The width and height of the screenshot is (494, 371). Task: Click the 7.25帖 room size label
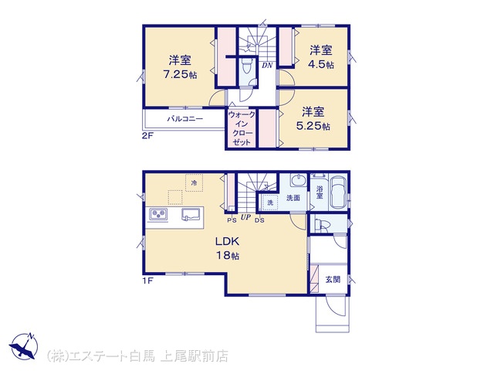tap(180, 74)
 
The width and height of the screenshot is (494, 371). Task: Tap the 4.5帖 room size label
tap(321, 64)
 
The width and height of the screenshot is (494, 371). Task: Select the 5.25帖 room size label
tap(313, 126)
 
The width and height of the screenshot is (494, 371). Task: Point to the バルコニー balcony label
tap(185, 119)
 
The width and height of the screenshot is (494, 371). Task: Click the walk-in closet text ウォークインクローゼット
tap(242, 128)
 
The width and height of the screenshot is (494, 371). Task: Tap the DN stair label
tap(267, 66)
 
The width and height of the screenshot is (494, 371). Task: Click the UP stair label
tap(245, 217)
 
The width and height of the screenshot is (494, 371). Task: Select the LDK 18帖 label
tap(227, 248)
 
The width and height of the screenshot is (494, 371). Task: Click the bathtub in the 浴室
tap(338, 192)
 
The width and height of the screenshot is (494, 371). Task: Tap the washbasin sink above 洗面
tap(298, 180)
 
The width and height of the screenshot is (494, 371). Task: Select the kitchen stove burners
tap(157, 215)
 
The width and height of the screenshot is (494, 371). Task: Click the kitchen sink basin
tap(191, 214)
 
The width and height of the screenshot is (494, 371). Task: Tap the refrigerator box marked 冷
tap(194, 182)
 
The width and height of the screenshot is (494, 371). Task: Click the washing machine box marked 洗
tap(269, 203)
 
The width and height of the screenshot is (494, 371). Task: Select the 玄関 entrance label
tap(333, 280)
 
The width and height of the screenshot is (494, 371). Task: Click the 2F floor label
tap(147, 136)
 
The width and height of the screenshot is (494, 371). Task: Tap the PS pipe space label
tap(232, 221)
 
